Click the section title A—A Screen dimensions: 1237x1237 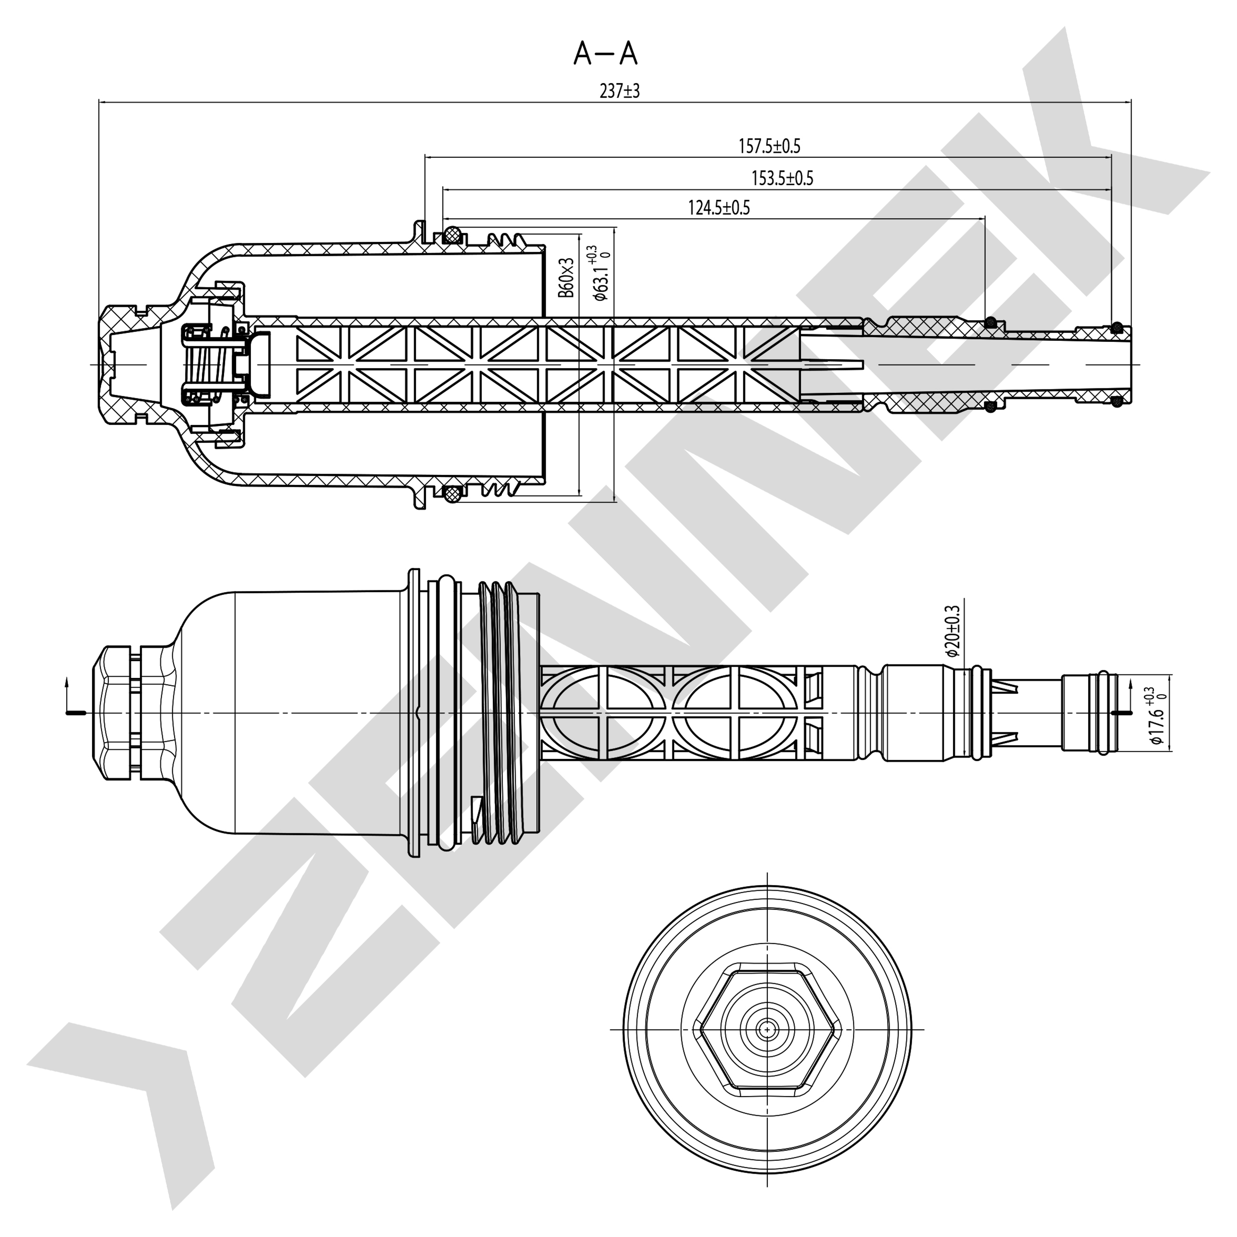click(605, 54)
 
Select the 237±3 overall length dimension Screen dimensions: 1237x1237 click(619, 91)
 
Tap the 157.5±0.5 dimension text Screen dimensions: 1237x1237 click(769, 146)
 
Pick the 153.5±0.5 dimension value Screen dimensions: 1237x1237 click(782, 178)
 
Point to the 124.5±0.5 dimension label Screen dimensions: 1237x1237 click(718, 207)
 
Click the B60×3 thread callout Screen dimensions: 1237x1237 click(566, 277)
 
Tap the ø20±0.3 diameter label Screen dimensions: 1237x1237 click(952, 631)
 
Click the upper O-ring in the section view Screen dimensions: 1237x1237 click(453, 235)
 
